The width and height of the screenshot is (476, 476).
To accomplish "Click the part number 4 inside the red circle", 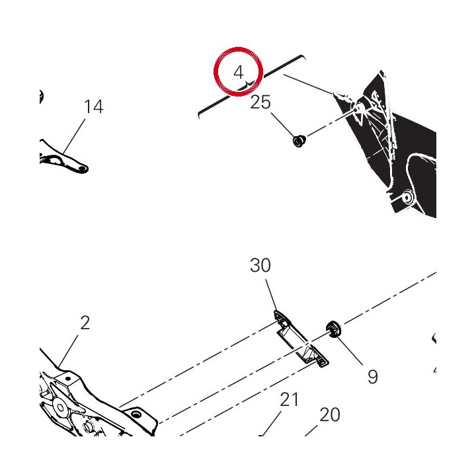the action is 239,73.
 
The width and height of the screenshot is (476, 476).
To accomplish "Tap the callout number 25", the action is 260,102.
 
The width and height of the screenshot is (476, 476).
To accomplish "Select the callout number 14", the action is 93,106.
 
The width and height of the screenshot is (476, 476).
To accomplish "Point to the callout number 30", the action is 260,265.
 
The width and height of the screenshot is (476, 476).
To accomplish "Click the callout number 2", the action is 85,323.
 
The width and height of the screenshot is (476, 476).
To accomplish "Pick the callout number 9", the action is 373,377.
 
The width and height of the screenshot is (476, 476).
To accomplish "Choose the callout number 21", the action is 289,399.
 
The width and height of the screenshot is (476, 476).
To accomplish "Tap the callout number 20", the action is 330,415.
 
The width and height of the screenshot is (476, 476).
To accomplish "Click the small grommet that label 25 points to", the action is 299,141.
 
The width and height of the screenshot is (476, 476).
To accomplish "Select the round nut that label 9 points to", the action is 333,329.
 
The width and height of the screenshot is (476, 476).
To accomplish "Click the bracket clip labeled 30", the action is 301,338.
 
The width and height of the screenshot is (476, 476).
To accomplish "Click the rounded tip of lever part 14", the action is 83,168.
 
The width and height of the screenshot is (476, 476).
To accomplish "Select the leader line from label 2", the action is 69,350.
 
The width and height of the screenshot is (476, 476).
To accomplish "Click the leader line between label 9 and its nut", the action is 349,350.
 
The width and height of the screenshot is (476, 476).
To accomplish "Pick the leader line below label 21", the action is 271,424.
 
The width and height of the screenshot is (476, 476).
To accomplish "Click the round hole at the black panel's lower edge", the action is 408,196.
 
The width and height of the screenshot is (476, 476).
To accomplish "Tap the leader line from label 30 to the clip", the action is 272,295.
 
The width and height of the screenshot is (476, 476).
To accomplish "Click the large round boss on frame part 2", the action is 60,407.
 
